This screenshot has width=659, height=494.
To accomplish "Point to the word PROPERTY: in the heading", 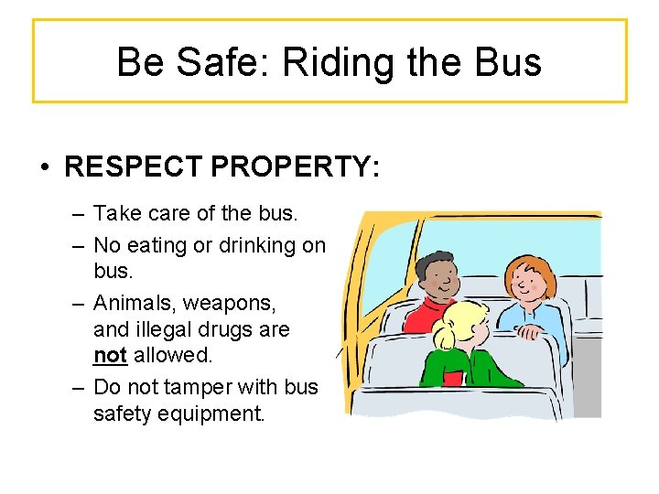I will pyautogui.click(x=293, y=168).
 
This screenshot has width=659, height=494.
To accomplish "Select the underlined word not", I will pyautogui.click(x=110, y=355).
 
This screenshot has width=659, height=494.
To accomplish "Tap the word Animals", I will pyautogui.click(x=129, y=301).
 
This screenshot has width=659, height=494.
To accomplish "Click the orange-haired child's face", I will pyautogui.click(x=523, y=282).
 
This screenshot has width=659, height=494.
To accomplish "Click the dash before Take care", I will pyautogui.click(x=80, y=214).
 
